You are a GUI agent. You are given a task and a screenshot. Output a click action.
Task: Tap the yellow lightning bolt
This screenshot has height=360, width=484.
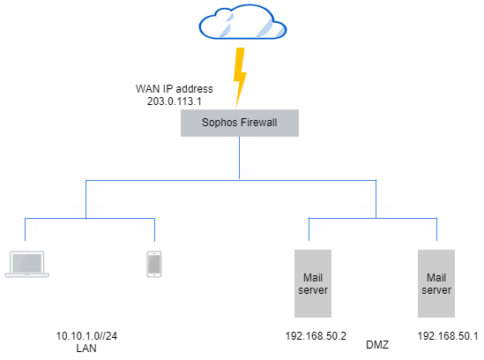[238, 77]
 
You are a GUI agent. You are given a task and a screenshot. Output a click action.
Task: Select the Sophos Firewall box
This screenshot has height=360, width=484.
[240, 124]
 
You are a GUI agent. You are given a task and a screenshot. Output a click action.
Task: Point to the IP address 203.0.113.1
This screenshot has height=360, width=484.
[175, 101]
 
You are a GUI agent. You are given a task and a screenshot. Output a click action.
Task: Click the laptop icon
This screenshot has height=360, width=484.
[25, 265]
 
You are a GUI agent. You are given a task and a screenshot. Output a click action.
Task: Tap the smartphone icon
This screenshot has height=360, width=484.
[154, 264]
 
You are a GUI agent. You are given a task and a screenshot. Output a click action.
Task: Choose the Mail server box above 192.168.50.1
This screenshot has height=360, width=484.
[436, 283]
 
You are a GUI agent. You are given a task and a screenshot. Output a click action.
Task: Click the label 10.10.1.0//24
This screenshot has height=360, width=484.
[86, 336]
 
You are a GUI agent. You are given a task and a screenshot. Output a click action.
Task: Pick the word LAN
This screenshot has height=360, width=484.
[86, 349]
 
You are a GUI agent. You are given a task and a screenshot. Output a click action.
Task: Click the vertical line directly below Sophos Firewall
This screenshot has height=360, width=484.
[240, 159]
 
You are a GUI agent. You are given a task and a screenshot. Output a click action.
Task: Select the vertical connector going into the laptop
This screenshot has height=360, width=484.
[25, 229]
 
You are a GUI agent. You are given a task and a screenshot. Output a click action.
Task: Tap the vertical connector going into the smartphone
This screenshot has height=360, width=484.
[154, 229]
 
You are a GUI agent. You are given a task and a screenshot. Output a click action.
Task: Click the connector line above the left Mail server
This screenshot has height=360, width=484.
[309, 229]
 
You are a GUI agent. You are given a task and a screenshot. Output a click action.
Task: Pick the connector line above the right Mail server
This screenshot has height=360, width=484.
[436, 229]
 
